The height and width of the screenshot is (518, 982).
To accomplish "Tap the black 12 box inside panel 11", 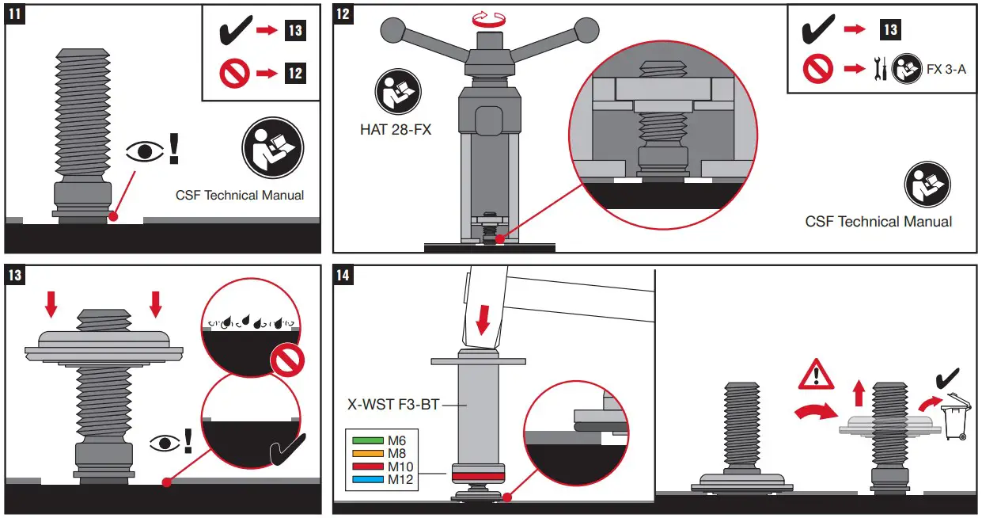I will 294,74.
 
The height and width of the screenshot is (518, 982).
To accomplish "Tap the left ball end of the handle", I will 392,30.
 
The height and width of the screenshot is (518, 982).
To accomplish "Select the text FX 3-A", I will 946,70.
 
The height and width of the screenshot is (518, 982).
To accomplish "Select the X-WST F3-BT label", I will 393,404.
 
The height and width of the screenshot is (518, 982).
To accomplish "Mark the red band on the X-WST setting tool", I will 478,475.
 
